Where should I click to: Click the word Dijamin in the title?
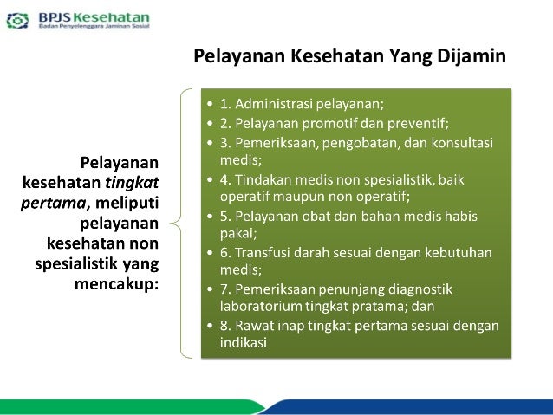472,57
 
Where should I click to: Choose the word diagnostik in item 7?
431,290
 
